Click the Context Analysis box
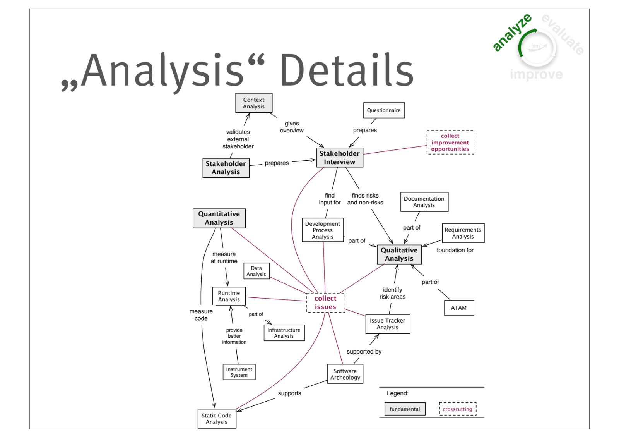click(254, 103)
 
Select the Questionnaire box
click(384, 110)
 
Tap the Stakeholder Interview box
click(339, 158)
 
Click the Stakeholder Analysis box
click(226, 168)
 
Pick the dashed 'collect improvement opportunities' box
click(450, 143)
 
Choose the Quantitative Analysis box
click(219, 218)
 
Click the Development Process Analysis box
click(323, 230)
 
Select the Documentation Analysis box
click(424, 202)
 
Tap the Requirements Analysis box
click(463, 233)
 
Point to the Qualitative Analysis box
click(399, 254)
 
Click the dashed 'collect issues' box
click(325, 302)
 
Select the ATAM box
click(459, 308)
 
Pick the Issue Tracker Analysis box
click(388, 324)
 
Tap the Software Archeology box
click(345, 374)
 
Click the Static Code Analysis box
click(217, 419)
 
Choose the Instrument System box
click(239, 372)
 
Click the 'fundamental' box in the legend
click(405, 409)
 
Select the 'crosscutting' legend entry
click(458, 409)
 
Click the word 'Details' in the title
click(347, 70)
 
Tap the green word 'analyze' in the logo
click(512, 33)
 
